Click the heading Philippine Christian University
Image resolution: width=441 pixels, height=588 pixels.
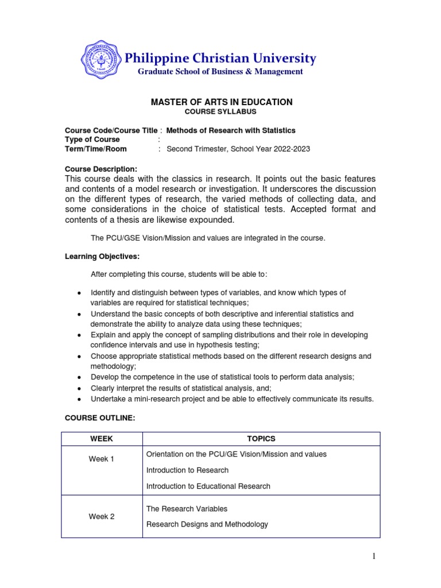pos(220,58)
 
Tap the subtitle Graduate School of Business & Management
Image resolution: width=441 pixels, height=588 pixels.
pos(219,72)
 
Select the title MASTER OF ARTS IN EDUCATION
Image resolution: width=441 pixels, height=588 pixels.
pos(221,102)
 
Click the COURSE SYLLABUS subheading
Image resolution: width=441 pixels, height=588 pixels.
pos(220,112)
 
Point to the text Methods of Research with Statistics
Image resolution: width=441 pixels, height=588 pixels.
pos(231,130)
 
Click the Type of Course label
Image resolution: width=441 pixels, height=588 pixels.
pos(92,140)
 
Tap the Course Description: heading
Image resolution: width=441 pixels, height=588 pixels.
pos(101,169)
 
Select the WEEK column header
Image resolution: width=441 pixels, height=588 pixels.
pos(102,439)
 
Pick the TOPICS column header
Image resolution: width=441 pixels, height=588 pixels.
pos(261,439)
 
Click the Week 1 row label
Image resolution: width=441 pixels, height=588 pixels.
pos(102,459)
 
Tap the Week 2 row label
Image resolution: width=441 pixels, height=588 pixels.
pos(102,516)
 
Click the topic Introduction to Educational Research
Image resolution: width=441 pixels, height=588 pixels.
pos(208,486)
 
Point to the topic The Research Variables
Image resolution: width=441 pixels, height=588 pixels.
pos(187,509)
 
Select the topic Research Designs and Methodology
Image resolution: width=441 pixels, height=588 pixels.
pos(207,524)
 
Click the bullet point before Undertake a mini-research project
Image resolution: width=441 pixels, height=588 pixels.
pos(78,399)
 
